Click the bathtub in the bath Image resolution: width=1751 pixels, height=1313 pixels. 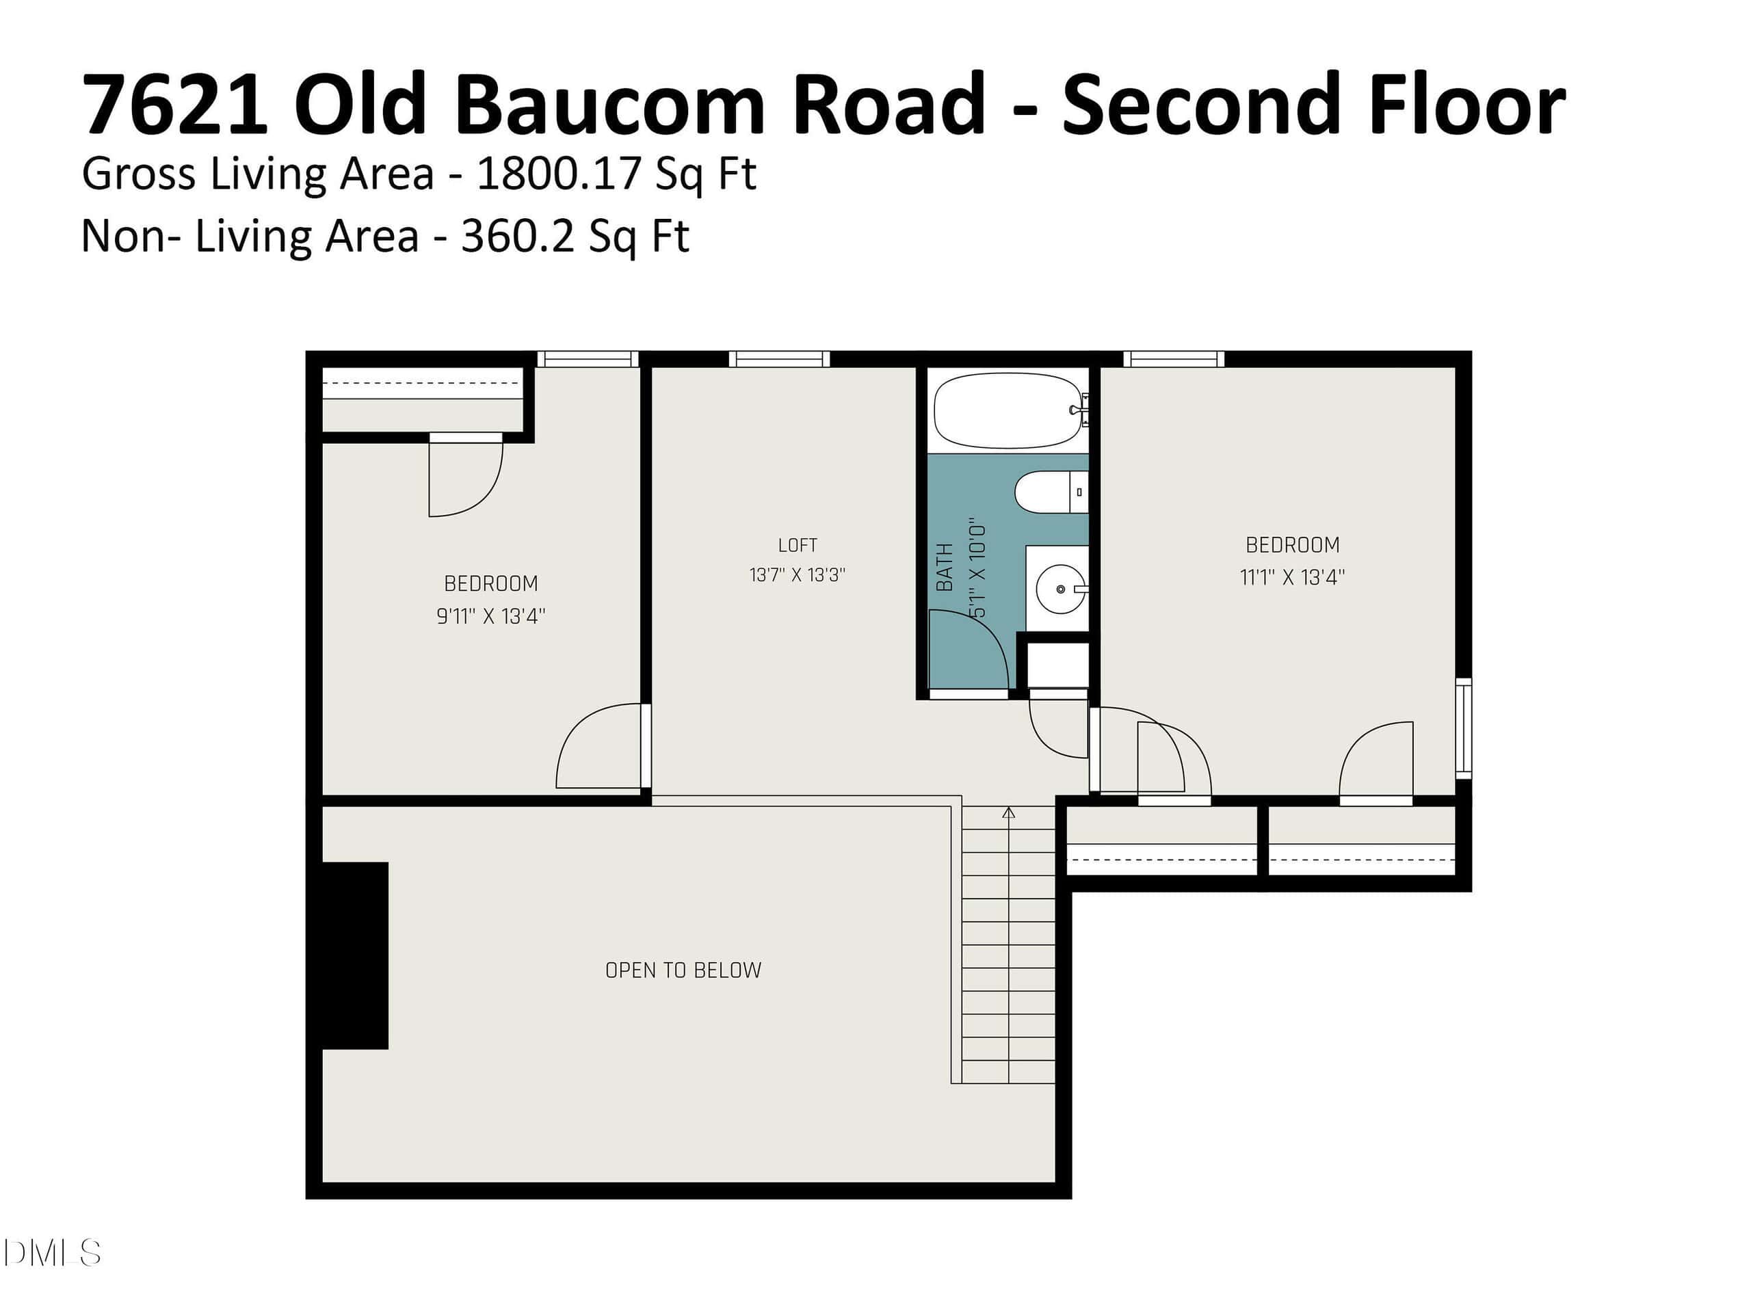(x=1008, y=411)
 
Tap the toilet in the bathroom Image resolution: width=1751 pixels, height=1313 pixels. (x=1051, y=492)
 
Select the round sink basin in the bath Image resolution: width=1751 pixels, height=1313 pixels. (x=1061, y=589)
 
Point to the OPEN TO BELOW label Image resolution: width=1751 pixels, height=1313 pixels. (x=683, y=970)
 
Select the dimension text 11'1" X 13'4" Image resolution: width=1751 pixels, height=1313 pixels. (x=1292, y=577)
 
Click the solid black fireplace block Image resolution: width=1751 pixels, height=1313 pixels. (x=354, y=955)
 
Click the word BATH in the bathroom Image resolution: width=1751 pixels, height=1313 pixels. (x=945, y=567)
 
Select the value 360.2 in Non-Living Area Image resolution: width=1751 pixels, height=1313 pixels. (x=518, y=235)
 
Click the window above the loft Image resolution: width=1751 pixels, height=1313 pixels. (x=779, y=359)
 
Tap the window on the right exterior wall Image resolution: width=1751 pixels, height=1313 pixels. (x=1464, y=728)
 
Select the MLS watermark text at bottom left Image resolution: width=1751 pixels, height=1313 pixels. (x=52, y=1253)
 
